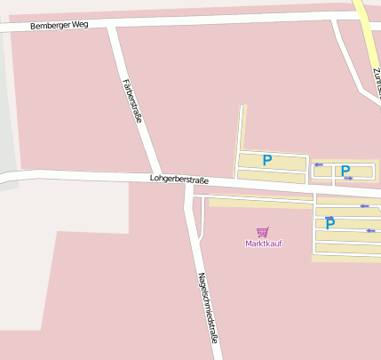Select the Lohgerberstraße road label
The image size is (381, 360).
[186, 180]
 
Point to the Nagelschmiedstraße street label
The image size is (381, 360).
[208, 308]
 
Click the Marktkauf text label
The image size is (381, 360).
[263, 244]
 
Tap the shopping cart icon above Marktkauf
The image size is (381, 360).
[263, 232]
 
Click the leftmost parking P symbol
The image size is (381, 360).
[266, 161]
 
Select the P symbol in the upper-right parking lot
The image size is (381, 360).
[345, 171]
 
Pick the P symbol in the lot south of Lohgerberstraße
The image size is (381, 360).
[329, 224]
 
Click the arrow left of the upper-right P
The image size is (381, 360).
[318, 164]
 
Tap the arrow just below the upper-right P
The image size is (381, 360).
[348, 179]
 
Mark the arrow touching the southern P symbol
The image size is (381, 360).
[329, 218]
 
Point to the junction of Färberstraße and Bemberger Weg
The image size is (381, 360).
[112, 27]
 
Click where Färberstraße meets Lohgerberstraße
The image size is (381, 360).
[156, 176]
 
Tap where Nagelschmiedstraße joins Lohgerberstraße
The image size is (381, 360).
[189, 183]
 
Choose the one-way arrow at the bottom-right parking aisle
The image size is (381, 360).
[370, 231]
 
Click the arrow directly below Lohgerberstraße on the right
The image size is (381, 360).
[363, 206]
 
